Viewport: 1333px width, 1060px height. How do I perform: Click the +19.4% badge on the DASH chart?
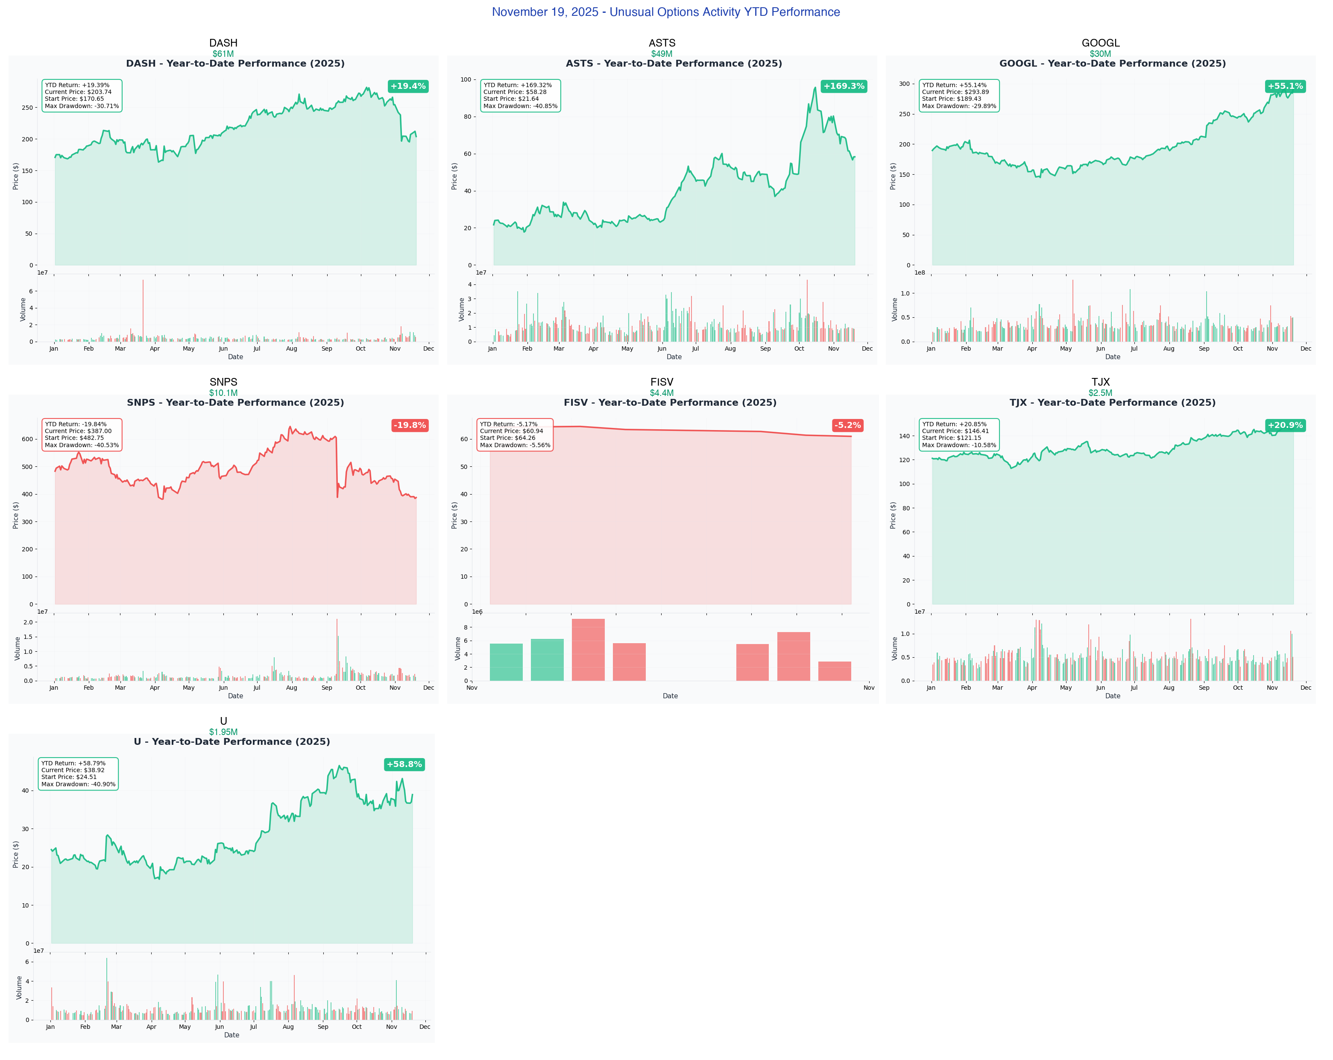tap(408, 86)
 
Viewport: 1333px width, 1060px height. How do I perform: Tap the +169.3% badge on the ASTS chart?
tap(844, 86)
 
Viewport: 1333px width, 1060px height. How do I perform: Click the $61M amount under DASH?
tap(223, 54)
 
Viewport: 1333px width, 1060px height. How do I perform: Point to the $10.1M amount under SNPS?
tap(223, 393)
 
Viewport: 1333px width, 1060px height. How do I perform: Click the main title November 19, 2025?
tap(666, 12)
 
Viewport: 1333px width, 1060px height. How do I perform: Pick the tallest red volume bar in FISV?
tap(588, 649)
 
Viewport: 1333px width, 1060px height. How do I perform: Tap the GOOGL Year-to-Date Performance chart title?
tap(1112, 64)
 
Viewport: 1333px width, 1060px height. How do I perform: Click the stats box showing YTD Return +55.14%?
tap(958, 95)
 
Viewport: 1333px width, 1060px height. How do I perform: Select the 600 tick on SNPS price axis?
tap(27, 439)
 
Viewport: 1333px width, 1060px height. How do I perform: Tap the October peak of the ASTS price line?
tap(815, 88)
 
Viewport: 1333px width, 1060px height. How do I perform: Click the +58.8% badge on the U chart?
tap(404, 764)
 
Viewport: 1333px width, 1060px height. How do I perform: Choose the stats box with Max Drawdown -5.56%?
tap(514, 434)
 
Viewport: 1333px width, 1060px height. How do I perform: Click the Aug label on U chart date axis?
tap(288, 1027)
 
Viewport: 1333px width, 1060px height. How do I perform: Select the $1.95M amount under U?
tap(223, 732)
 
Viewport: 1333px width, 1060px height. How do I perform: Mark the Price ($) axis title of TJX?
tap(893, 515)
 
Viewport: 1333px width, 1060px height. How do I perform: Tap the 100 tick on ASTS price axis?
tap(466, 80)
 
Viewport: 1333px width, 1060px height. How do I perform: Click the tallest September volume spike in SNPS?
tap(337, 649)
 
